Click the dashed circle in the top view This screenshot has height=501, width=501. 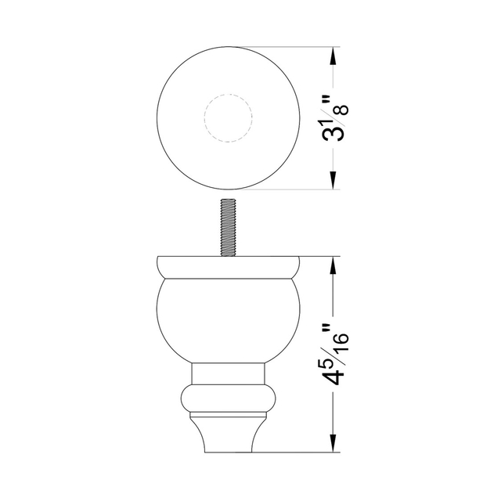pyautogui.click(x=229, y=95)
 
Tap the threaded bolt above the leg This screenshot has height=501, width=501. pyautogui.click(x=228, y=228)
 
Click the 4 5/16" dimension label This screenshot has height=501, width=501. pyautogui.click(x=335, y=355)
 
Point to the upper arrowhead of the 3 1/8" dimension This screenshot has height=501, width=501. pyautogui.click(x=333, y=57)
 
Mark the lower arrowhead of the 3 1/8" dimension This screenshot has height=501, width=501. pyautogui.click(x=333, y=179)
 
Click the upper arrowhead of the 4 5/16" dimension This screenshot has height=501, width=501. pyautogui.click(x=333, y=266)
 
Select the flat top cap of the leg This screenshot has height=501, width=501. pyautogui.click(x=228, y=267)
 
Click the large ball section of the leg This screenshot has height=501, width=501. pyautogui.click(x=228, y=320)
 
